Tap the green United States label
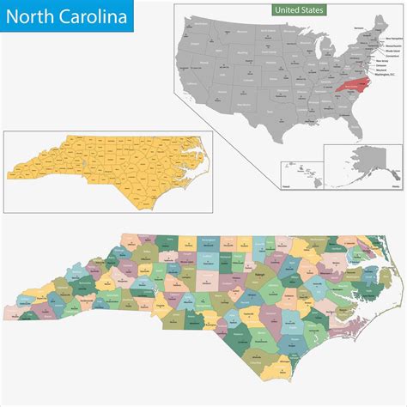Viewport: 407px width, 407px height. (292, 10)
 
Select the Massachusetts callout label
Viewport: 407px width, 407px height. (392, 46)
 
